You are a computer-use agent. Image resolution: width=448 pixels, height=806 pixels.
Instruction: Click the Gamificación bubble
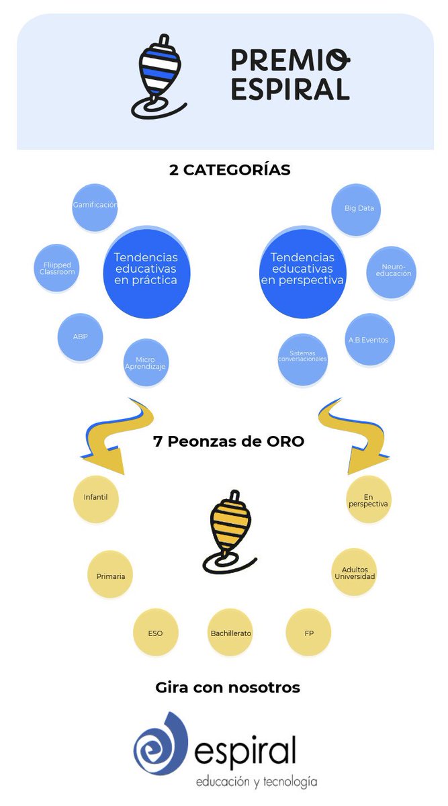(x=95, y=206)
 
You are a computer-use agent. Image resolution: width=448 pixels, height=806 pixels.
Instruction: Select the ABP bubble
(x=80, y=337)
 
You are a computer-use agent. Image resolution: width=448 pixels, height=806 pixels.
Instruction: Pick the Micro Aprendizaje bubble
(x=145, y=363)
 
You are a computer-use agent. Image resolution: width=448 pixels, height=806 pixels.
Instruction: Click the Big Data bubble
(x=359, y=209)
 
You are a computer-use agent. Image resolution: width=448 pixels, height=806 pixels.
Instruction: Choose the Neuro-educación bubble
(x=391, y=272)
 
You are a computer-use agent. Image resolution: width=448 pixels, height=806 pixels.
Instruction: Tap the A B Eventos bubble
(x=369, y=340)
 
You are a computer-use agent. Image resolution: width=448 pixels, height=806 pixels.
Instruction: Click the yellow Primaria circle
(x=110, y=576)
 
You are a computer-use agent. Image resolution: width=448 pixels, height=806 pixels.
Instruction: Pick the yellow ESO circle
(x=155, y=633)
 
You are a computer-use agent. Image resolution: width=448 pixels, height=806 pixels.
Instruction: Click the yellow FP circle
(x=309, y=633)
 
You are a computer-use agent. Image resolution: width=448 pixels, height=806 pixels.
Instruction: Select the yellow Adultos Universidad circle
(x=354, y=573)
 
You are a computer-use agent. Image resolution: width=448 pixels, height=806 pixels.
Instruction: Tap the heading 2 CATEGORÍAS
(x=230, y=170)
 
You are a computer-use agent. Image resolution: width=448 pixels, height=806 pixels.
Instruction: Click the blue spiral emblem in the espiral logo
(x=161, y=745)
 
